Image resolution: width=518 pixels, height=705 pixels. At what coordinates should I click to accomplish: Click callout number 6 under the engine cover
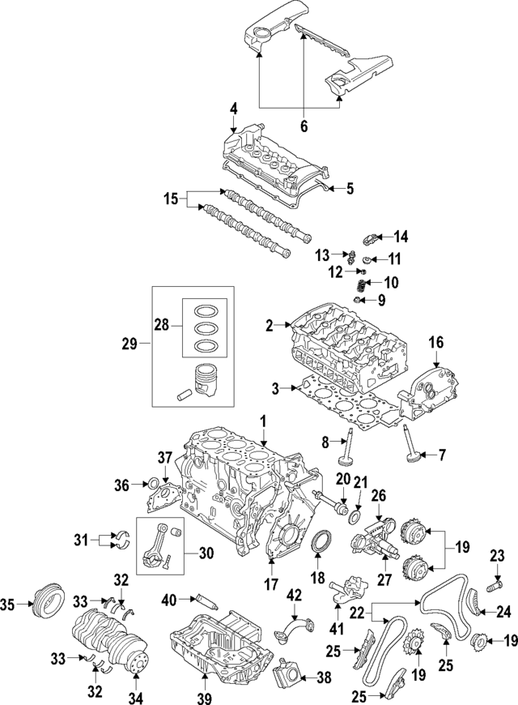pos(304,126)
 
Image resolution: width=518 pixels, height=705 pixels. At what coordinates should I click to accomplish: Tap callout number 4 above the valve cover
pos(233,108)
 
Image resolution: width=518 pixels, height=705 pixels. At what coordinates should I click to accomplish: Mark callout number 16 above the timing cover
pos(435,343)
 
